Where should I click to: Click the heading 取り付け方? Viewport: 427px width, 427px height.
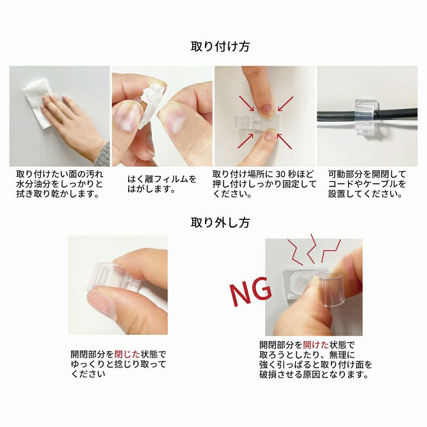tap(220, 46)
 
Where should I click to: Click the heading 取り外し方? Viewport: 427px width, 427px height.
tap(220, 223)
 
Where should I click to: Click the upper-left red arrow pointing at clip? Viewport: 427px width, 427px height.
tap(247, 103)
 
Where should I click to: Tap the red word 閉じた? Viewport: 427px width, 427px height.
tap(127, 354)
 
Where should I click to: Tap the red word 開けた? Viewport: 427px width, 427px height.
tap(316, 345)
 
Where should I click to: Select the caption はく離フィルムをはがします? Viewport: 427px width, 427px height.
tap(162, 184)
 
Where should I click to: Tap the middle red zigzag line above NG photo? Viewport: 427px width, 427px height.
tap(312, 248)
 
